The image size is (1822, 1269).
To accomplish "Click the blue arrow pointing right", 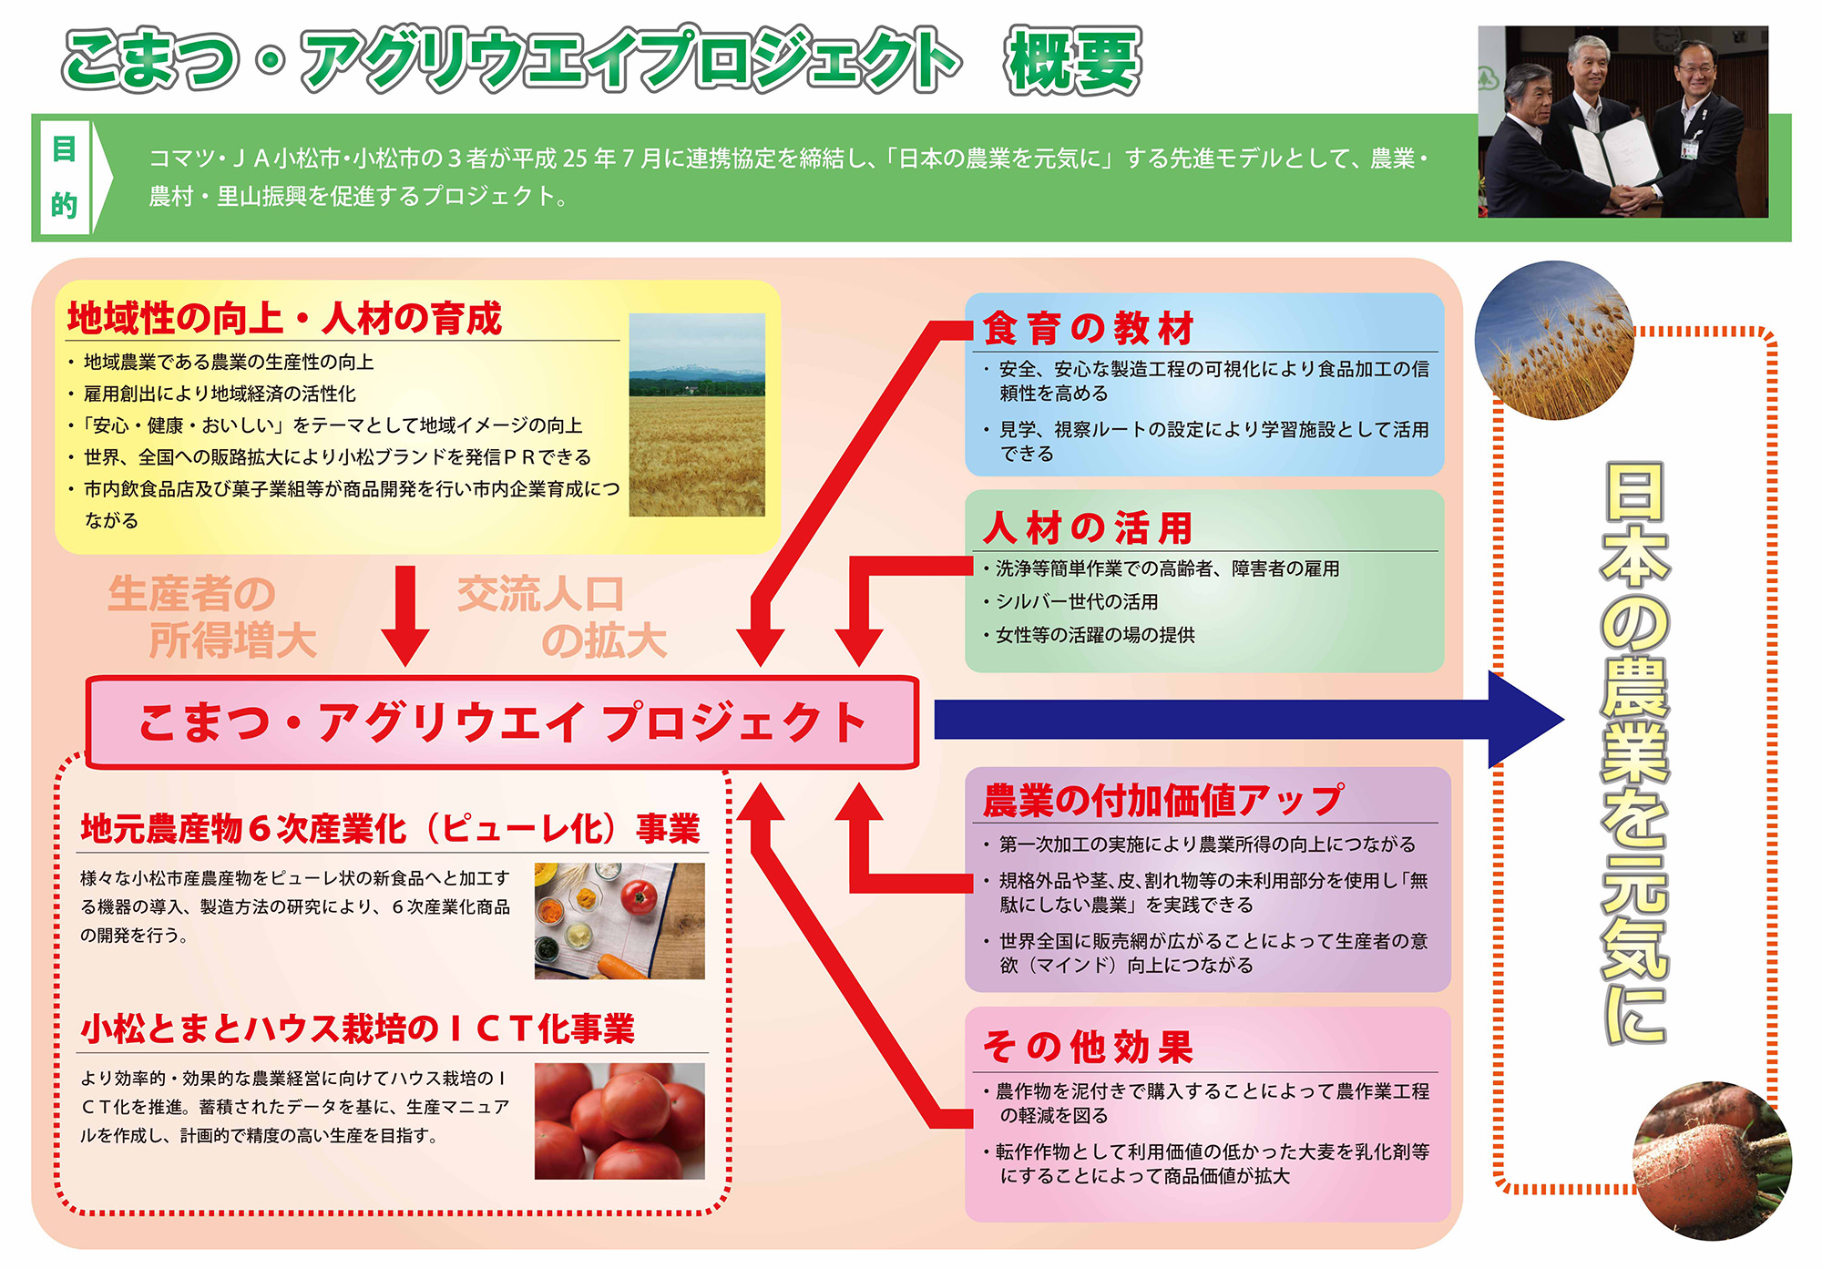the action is tap(1248, 720).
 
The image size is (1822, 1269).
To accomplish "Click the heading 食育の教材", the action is tap(1089, 328).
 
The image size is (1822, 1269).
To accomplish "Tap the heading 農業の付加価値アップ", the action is tap(1162, 800).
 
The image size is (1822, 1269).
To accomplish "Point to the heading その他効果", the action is tap(1088, 1047).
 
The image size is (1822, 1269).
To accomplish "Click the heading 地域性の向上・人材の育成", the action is tap(284, 318).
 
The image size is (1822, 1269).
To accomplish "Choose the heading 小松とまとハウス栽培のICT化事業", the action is tap(358, 1029).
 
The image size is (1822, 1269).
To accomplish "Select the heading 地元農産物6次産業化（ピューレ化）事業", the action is tap(391, 829).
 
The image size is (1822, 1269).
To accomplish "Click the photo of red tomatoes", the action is tap(619, 1121).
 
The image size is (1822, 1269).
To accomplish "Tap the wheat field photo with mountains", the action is tap(697, 414).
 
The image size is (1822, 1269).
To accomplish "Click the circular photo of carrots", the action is tap(1713, 1161).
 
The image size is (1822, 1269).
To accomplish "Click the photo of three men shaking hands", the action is tap(1622, 121).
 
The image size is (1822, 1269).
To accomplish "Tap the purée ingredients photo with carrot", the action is tap(619, 921).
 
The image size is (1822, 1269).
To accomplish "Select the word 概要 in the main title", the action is tap(1073, 61).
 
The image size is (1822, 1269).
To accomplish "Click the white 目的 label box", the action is tap(64, 178).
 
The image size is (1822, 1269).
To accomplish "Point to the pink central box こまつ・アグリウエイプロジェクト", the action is tap(502, 722).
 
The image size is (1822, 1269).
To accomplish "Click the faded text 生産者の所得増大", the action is tap(212, 617).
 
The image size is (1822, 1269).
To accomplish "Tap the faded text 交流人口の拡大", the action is tap(562, 617).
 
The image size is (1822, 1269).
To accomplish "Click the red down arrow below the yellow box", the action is tap(405, 616).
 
